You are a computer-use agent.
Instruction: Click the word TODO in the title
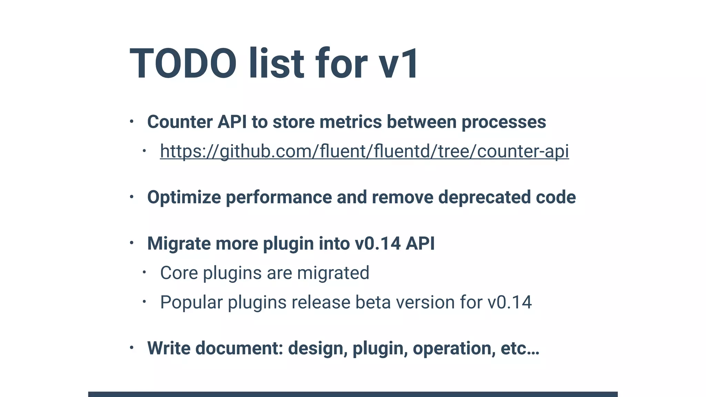[183, 64]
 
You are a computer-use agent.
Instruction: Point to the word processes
[504, 122]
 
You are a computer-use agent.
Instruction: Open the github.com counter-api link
[364, 151]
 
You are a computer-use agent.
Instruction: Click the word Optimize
[184, 197]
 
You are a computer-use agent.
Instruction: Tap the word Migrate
[179, 244]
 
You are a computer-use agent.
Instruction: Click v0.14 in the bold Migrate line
[377, 244]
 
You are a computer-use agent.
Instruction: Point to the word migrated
[333, 273]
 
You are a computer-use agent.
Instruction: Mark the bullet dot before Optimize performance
[131, 197]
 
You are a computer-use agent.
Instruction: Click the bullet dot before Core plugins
[144, 273]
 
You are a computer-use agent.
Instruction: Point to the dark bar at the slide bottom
[353, 394]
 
